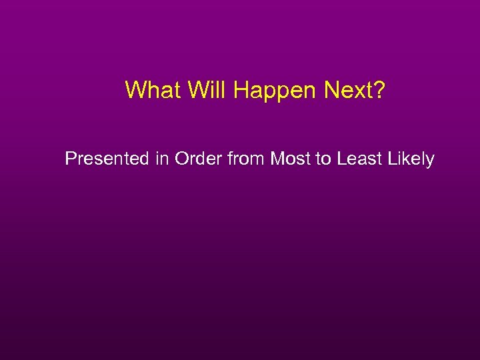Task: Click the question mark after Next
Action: [379, 90]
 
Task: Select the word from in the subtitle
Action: [245, 159]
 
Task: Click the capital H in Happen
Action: [241, 90]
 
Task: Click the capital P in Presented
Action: [71, 159]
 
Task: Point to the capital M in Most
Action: [277, 159]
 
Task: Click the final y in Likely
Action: [430, 162]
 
